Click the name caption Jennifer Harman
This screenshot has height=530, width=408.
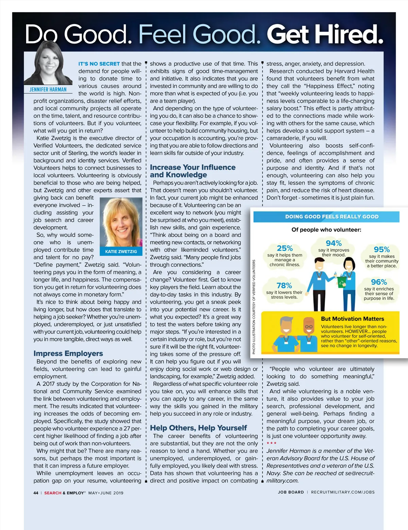point(48,89)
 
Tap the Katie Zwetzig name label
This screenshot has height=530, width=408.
point(121,251)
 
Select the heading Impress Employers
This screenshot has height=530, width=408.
point(68,353)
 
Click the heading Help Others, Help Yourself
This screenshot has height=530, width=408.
point(198,428)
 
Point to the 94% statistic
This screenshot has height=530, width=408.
point(334,243)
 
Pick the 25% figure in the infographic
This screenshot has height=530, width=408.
point(285,248)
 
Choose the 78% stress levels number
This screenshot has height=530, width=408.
point(284,285)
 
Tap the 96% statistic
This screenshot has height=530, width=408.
point(379,282)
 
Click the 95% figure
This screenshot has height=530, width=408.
point(381,250)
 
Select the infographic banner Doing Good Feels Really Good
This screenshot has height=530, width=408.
point(331,217)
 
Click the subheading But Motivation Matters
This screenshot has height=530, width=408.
point(352,319)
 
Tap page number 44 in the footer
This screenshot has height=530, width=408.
point(36,493)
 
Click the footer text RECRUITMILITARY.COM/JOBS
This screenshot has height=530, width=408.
point(343,492)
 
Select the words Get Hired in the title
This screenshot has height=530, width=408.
point(325,35)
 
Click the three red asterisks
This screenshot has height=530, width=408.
point(271,443)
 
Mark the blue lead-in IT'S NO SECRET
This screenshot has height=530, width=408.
point(99,64)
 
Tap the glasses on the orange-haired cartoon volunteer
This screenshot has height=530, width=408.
point(309,327)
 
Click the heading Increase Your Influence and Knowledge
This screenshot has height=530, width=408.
point(192,171)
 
